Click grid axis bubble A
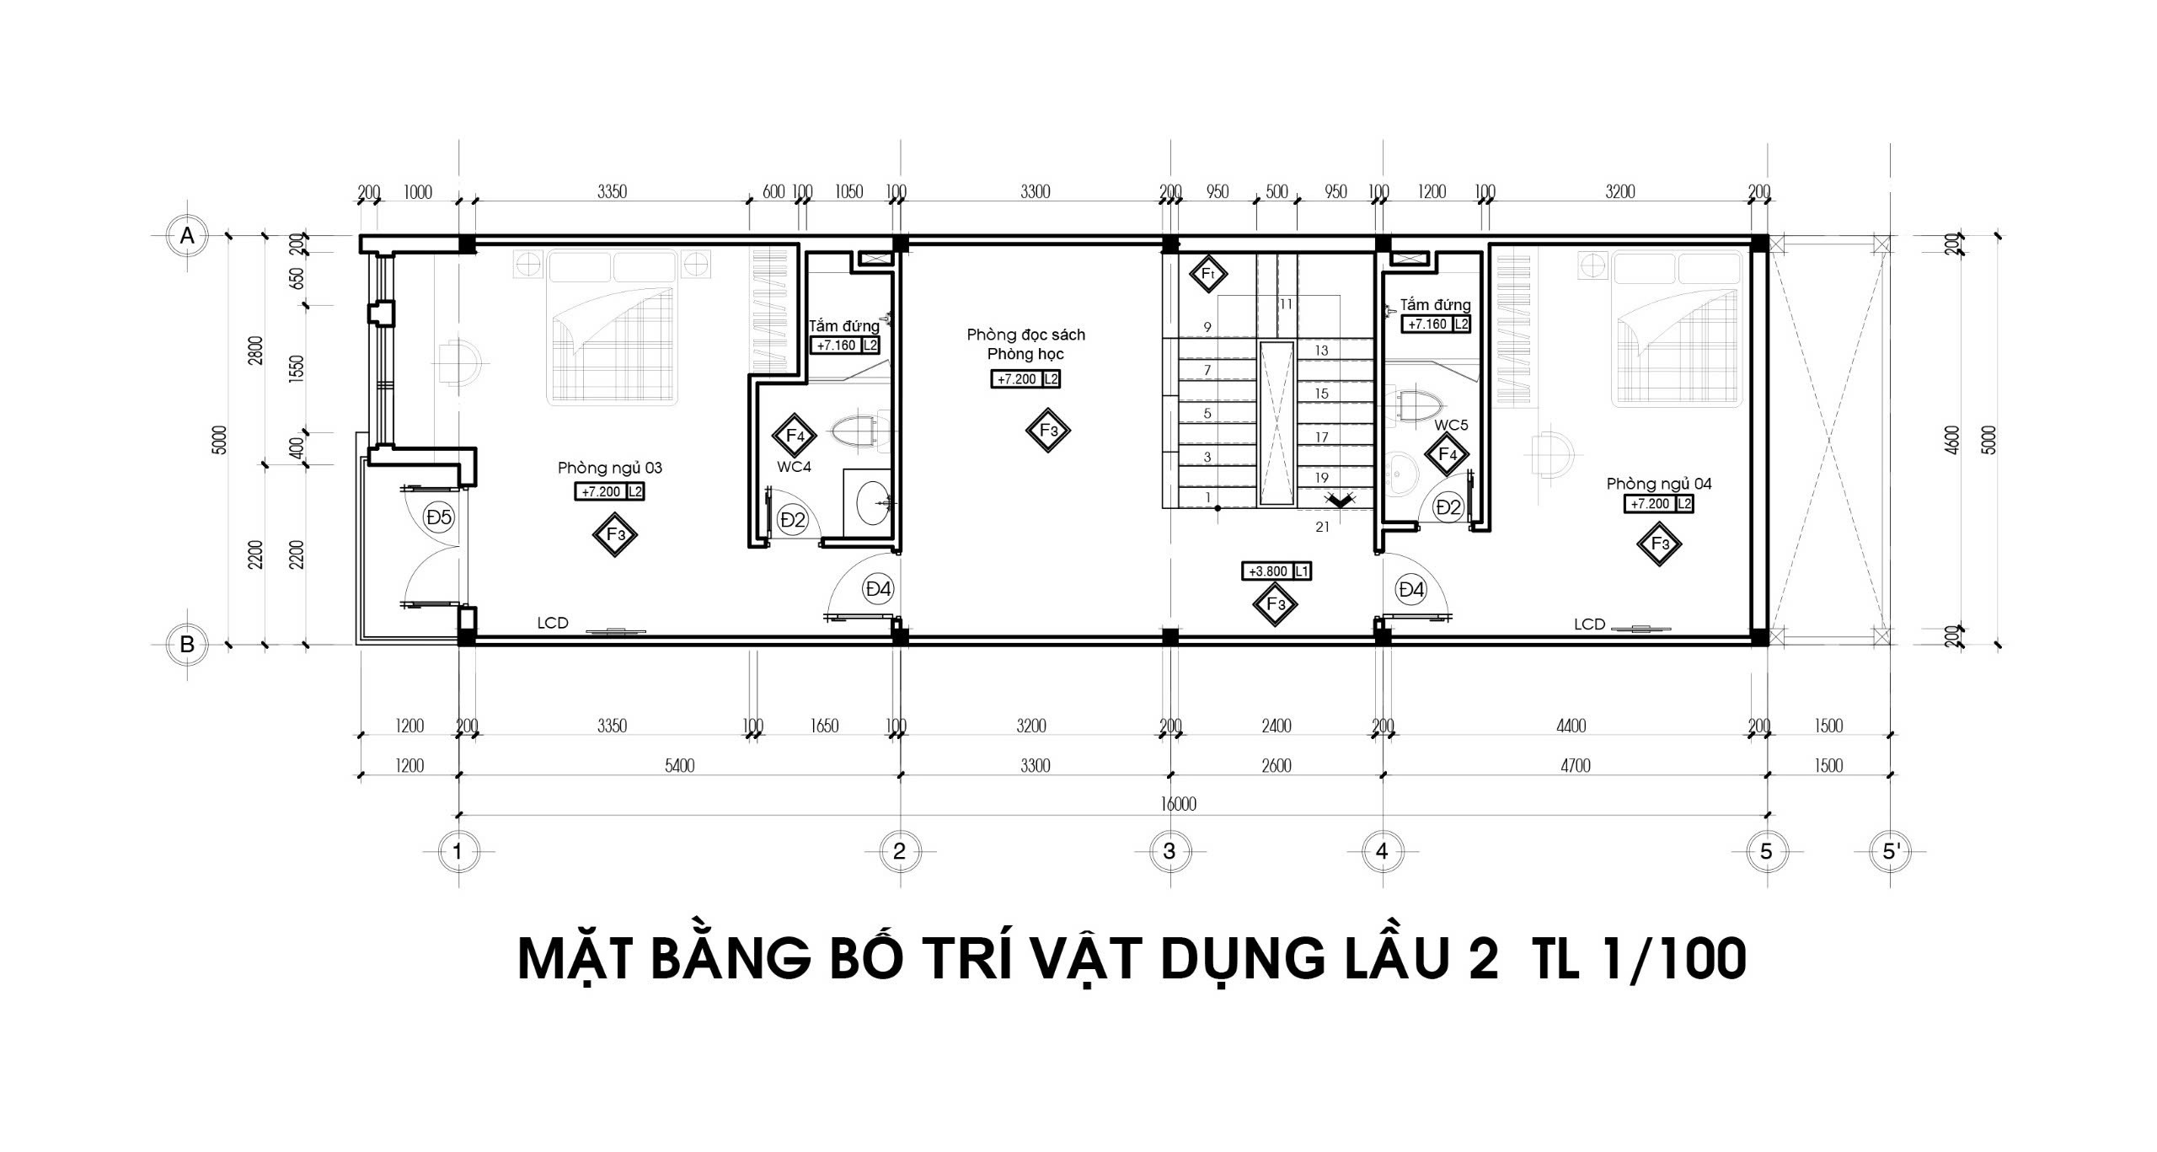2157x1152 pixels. [187, 236]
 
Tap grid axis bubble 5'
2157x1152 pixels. [1891, 851]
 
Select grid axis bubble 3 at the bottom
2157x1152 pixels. [1169, 851]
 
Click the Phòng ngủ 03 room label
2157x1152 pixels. [610, 469]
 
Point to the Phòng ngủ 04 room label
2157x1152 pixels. [1659, 484]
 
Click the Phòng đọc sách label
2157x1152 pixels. [1025, 335]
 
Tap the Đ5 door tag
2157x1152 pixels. [439, 517]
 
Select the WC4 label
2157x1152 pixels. [794, 466]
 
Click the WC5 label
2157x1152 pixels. [1451, 426]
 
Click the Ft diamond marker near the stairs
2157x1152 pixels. [1207, 274]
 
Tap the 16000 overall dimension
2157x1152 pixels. [1178, 804]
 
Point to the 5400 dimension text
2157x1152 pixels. [679, 765]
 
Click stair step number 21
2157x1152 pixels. [1322, 527]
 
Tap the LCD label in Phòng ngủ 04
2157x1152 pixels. [1589, 624]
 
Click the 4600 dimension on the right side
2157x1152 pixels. [1953, 440]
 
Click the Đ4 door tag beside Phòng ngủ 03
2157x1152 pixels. [878, 589]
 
